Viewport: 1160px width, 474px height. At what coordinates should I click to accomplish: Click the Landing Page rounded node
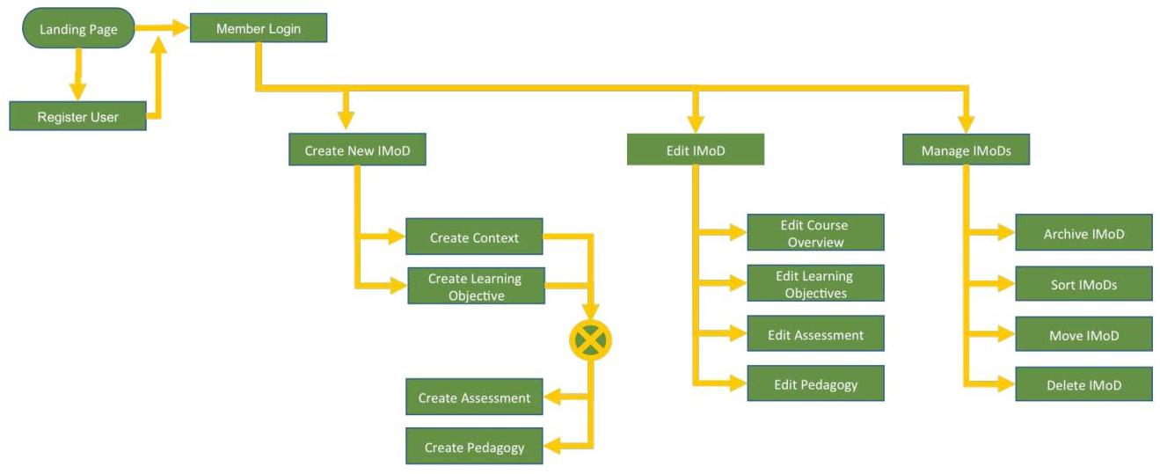point(78,29)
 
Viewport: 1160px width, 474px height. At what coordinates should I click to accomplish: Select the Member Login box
point(259,29)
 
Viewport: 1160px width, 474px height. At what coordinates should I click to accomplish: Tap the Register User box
point(77,116)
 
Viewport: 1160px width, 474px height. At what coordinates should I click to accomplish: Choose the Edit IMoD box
point(695,150)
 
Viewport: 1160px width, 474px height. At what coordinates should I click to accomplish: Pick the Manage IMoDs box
point(966,150)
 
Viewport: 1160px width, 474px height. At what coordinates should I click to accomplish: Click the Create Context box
point(474,237)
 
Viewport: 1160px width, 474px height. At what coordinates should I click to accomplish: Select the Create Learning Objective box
point(476,287)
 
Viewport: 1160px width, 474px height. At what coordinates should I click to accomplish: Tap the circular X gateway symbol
point(590,339)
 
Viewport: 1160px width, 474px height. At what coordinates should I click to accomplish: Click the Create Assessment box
point(474,397)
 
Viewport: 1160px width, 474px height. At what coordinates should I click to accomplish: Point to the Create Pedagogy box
point(474,447)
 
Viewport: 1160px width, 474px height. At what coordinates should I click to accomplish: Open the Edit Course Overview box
point(815,233)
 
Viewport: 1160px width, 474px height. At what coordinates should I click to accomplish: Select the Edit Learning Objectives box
point(815,283)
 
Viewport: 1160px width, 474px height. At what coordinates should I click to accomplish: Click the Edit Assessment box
point(815,334)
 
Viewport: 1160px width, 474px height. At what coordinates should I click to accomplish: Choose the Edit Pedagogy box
point(815,384)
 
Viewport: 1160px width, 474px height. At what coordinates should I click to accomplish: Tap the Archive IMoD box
point(1083,234)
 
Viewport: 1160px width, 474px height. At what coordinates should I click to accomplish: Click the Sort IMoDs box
point(1083,284)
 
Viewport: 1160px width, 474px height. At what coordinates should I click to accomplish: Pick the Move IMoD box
point(1083,335)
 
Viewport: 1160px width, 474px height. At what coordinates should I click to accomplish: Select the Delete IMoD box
point(1083,384)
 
